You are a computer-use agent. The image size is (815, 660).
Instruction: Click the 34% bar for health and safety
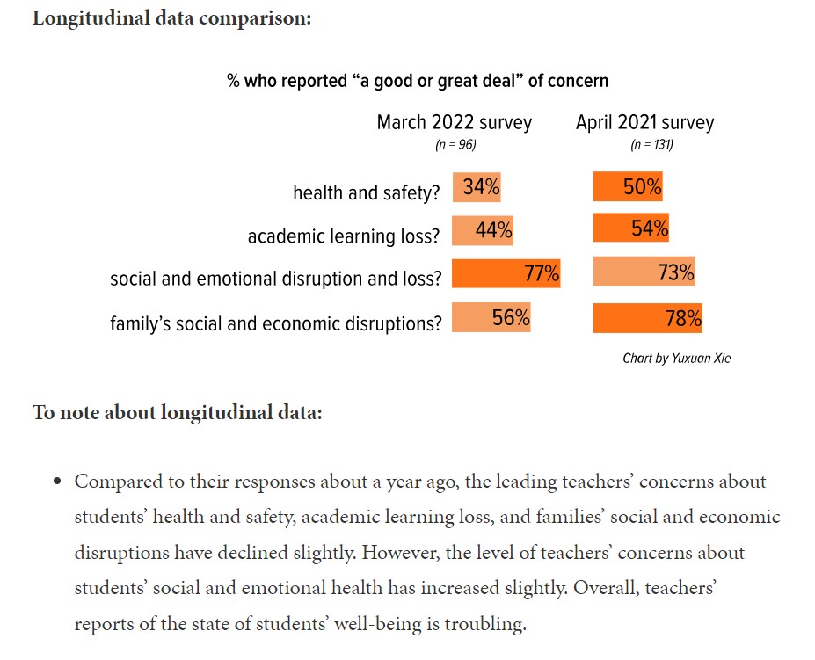(x=477, y=187)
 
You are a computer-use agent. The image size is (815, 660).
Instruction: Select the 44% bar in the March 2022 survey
(x=483, y=230)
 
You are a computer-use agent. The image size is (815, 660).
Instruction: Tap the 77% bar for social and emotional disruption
(x=506, y=273)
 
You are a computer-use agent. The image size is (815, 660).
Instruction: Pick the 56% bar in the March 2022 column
(x=491, y=317)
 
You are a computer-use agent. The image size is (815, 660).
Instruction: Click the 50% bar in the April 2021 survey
(x=628, y=187)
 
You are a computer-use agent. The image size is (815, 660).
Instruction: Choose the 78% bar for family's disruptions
(x=648, y=318)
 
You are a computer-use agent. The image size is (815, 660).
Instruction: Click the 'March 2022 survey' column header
(x=455, y=122)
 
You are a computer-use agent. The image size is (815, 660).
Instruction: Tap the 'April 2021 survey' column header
(x=644, y=122)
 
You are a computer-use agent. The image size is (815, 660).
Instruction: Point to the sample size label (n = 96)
(x=455, y=145)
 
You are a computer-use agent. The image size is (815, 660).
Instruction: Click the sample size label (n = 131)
(x=651, y=145)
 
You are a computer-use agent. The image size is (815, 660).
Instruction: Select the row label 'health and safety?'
(x=366, y=192)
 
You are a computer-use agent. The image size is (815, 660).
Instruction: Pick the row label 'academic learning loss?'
(x=344, y=236)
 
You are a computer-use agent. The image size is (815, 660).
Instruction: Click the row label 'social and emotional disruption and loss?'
(x=276, y=279)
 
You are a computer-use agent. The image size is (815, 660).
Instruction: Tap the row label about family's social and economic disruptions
(x=276, y=323)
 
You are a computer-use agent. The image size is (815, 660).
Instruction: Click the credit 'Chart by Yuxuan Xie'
(x=676, y=359)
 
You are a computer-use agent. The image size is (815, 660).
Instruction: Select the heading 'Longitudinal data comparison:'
(x=171, y=18)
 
